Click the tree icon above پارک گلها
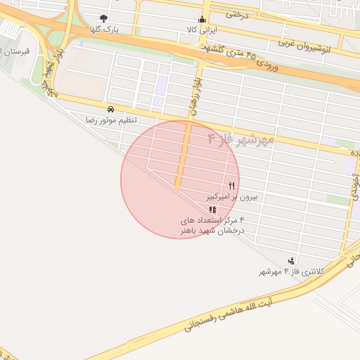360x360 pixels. point(104,19)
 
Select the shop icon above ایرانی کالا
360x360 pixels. point(202,19)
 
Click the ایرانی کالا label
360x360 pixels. point(202,30)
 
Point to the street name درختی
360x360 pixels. point(236,13)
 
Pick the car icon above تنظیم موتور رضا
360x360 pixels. point(110,109)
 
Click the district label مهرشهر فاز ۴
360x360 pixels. point(240,139)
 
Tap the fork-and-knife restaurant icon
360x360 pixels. point(231,186)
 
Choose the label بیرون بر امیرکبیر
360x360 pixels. point(231,198)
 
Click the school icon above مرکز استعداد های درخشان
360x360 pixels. point(212,210)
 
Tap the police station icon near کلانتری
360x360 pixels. point(291,261)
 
